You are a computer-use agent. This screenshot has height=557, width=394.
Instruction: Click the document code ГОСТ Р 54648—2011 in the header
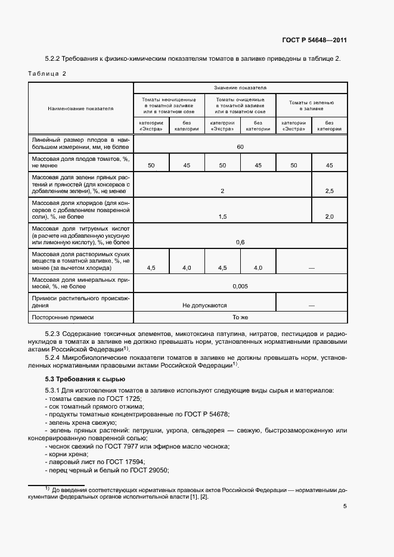[x=314, y=41]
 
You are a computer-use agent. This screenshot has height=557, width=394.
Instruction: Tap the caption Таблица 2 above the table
[x=47, y=73]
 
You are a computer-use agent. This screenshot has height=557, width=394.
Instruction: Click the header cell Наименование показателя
[x=81, y=108]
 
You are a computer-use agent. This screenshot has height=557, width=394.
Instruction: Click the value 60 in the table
[x=240, y=147]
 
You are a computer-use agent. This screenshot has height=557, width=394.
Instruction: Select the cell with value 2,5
[x=329, y=191]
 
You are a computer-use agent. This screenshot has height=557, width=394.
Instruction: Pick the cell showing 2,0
[x=329, y=217]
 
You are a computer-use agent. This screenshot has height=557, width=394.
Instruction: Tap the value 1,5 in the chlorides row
[x=222, y=217]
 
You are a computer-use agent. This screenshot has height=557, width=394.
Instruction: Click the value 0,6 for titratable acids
[x=240, y=242]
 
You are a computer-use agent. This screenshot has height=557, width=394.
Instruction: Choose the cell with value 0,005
[x=240, y=286]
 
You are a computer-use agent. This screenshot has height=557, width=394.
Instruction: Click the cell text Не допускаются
[x=204, y=305]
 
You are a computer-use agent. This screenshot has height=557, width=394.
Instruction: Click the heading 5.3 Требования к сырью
[x=85, y=379]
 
